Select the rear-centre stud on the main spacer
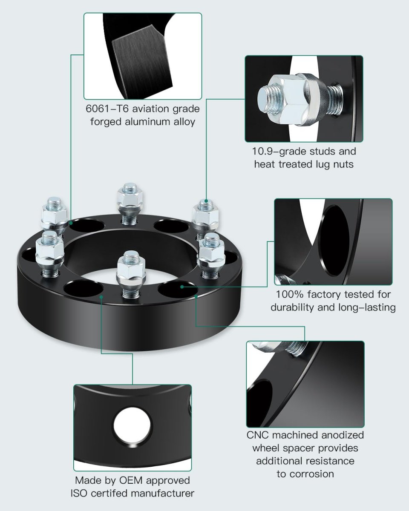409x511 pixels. coord(130,204)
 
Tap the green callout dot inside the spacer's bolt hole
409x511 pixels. coord(182,287)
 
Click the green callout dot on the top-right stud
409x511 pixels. coord(206,201)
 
